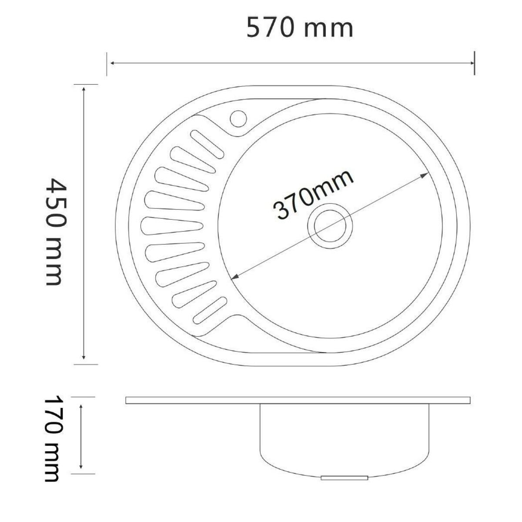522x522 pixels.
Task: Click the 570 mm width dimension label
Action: [300, 27]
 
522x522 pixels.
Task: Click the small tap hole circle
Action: [238, 118]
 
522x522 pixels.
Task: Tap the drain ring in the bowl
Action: [330, 226]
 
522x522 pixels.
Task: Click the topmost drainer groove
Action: [207, 144]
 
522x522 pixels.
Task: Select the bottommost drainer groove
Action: [210, 311]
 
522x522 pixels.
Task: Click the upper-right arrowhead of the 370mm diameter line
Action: [425, 175]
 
